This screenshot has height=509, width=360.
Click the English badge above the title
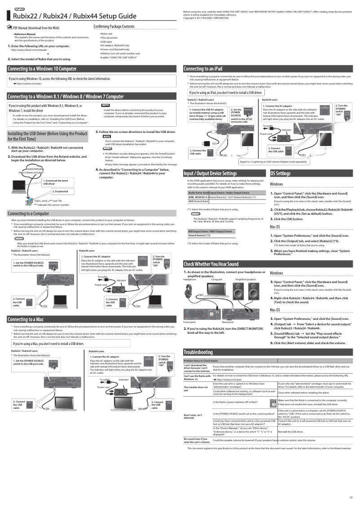(x=19, y=9)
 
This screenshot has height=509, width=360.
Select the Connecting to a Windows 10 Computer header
(x=42, y=69)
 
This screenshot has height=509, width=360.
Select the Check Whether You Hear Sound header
(x=211, y=264)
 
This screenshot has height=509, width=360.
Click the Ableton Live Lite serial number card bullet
(x=120, y=53)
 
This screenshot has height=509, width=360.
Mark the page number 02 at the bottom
(x=351, y=497)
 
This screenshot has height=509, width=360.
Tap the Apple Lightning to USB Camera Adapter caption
(x=273, y=161)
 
